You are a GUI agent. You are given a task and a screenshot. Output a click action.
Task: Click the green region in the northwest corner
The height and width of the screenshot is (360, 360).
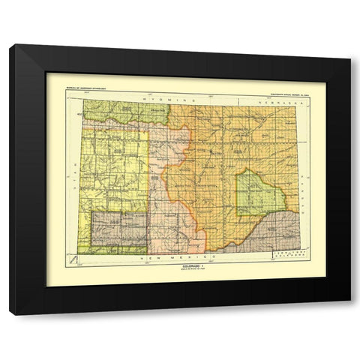(116, 112)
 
